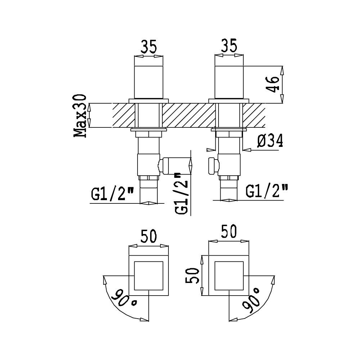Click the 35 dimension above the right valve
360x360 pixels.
(x=229, y=46)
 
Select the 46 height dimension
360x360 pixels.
(x=273, y=84)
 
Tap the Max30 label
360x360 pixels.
(x=80, y=116)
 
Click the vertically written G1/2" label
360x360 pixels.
(x=181, y=194)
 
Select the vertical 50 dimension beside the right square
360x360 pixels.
(x=192, y=275)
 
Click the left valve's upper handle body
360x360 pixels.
(x=149, y=82)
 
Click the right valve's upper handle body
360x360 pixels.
(x=229, y=82)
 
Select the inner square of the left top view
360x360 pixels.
(x=149, y=275)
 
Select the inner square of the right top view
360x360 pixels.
(x=229, y=275)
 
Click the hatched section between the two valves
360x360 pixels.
(x=189, y=116)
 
